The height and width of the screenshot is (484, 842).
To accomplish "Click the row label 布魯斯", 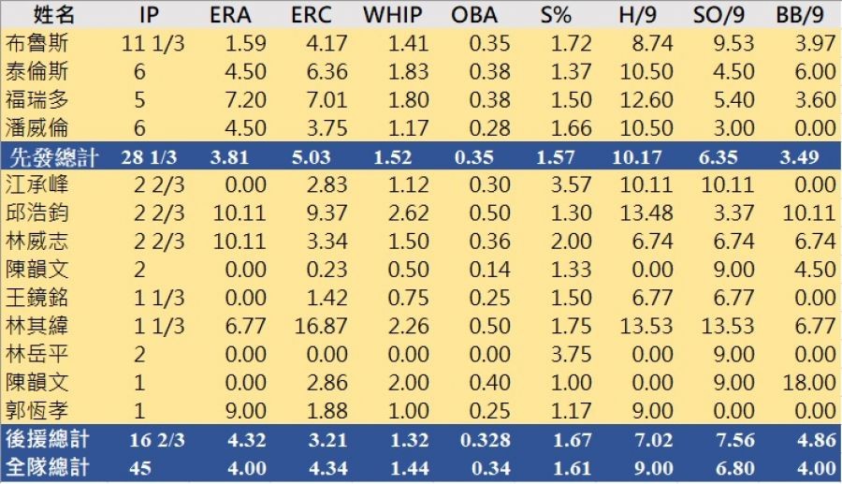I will click(x=36, y=43).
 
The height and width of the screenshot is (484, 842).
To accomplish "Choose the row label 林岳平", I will click(x=36, y=354).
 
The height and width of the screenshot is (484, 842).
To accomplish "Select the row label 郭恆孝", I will click(x=36, y=410).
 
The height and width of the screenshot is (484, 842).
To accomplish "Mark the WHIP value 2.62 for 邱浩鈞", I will click(x=404, y=213).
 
